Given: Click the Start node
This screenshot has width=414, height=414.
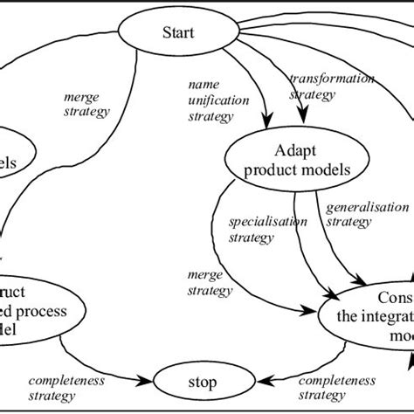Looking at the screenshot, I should coord(178,34).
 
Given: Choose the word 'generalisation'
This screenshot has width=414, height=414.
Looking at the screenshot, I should coord(367,208).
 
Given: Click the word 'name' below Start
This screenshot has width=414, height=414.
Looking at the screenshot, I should coord(203,85).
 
